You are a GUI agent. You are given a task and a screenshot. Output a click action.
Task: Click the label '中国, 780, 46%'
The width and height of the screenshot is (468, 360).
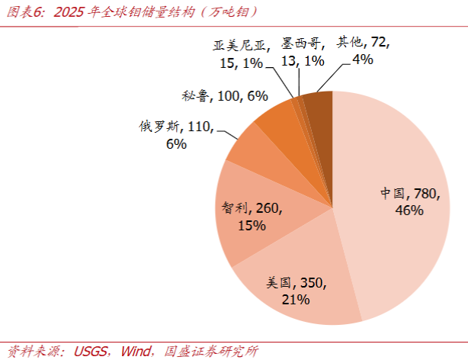coord(410,201)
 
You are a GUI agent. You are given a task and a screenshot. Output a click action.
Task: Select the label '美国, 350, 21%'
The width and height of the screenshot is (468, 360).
coord(296,291)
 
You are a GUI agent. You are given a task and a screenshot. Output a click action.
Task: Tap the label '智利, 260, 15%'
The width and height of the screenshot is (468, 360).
coord(252,217)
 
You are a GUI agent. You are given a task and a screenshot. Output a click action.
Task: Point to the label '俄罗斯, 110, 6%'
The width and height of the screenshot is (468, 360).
coord(176,135)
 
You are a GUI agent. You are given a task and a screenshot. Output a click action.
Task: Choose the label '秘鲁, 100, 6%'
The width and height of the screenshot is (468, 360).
coord(225,96)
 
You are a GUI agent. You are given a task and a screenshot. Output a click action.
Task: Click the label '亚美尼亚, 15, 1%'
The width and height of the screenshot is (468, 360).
coord(242,54)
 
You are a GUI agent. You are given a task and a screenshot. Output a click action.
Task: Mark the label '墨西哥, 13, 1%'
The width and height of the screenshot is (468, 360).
coord(303,53)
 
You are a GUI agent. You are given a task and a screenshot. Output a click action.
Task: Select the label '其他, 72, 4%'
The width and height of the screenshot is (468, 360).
coord(364,50)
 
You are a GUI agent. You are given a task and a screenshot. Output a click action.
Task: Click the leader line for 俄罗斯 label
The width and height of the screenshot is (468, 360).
coord(227,133)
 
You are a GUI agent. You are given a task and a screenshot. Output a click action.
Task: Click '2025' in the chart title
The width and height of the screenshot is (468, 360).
coord(69,12)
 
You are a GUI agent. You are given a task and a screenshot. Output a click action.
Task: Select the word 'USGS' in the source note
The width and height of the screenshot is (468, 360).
coord(90,352)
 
